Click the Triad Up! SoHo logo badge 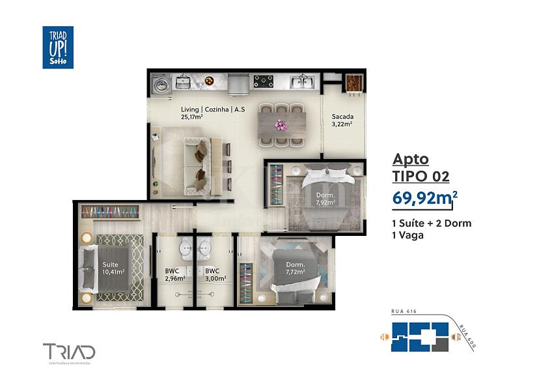58,48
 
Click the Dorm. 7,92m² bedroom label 325,199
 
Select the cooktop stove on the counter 264,81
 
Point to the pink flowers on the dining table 281,124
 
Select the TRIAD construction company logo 69,352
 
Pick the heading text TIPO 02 421,176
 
